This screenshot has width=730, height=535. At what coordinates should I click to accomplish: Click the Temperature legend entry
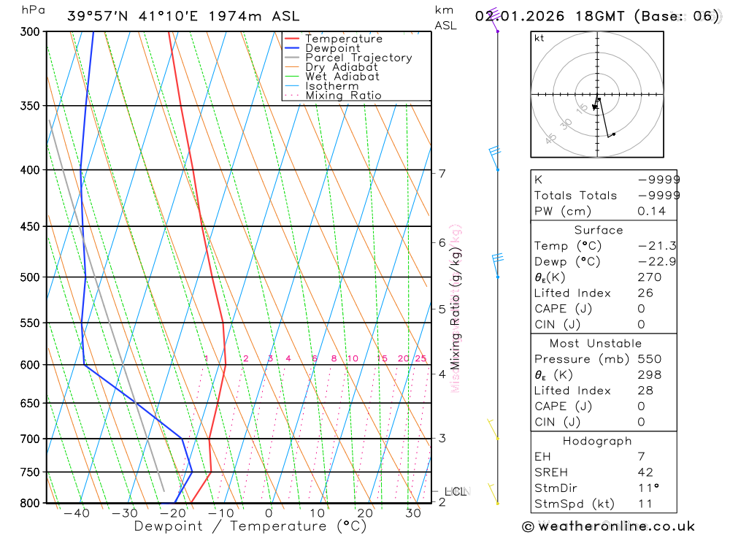pos(343,39)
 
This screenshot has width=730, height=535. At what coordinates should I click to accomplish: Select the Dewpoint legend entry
pos(332,48)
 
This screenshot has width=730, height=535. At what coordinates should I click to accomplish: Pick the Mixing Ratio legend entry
pos(343,96)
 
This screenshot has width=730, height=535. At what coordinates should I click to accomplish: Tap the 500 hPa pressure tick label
pos(30,277)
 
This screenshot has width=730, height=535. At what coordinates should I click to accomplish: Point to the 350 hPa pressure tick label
pos(30,106)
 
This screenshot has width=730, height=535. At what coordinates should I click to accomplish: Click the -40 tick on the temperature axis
pos(76,513)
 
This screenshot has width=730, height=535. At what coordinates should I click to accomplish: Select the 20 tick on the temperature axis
pos(365,513)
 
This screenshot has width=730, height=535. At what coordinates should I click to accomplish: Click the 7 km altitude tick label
pos(442,173)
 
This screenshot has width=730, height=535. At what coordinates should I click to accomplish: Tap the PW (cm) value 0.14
pos(651,211)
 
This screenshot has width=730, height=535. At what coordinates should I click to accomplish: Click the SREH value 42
pos(645,472)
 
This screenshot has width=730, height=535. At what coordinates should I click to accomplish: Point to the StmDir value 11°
pos(645,488)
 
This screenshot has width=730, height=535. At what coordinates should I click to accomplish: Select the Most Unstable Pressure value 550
pos(648,359)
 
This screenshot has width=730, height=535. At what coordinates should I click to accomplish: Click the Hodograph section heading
pos(598,442)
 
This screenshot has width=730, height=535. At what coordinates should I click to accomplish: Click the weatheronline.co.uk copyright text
pos(608,526)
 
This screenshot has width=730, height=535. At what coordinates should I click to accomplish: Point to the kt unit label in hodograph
pos(539,39)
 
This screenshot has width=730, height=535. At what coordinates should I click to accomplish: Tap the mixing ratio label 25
pos(420,358)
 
